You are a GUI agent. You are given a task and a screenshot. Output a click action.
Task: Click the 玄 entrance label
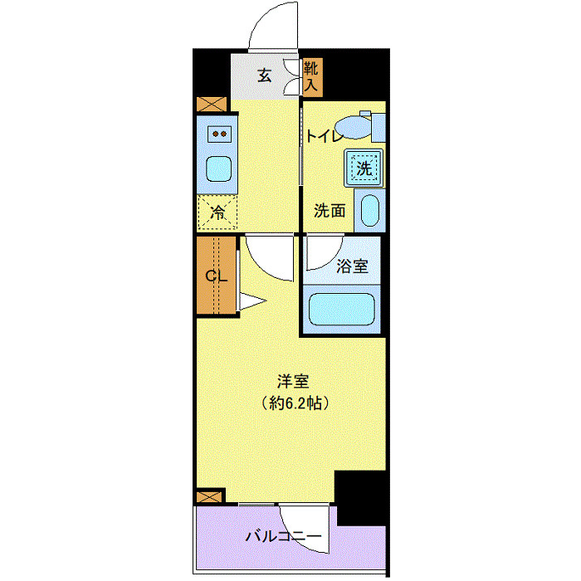click(x=264, y=76)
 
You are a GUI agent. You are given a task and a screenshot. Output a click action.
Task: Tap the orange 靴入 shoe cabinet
click(x=311, y=76)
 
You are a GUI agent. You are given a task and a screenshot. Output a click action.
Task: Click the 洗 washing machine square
click(x=364, y=166)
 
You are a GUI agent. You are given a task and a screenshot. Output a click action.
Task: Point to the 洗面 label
click(x=330, y=211)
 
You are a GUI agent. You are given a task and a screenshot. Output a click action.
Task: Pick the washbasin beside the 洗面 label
click(x=369, y=210)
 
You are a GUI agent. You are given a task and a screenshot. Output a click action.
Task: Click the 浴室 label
click(x=353, y=266)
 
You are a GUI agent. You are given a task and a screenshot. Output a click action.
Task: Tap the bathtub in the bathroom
click(x=343, y=309)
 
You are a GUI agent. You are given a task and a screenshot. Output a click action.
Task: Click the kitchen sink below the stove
click(x=220, y=168)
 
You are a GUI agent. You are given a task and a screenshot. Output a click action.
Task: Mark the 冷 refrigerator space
click(x=217, y=212)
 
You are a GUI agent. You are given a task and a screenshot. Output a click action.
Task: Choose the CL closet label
click(x=216, y=276)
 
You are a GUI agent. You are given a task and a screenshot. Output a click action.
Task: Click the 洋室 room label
click(x=293, y=383)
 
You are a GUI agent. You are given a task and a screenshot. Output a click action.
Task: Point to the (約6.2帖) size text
click(x=293, y=404)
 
